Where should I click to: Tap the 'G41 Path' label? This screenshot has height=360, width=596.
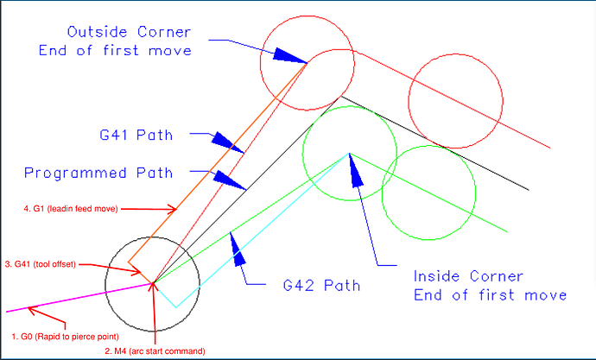(x=136, y=135)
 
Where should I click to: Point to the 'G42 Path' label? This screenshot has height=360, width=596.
(x=321, y=284)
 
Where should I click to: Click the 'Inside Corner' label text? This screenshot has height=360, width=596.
(x=468, y=277)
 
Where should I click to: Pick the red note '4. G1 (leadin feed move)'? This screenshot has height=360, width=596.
(x=71, y=208)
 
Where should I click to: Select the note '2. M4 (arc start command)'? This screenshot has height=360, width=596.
(x=155, y=351)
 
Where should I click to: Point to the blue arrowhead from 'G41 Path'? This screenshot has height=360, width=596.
(x=223, y=141)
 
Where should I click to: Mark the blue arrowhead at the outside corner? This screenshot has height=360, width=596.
(x=289, y=55)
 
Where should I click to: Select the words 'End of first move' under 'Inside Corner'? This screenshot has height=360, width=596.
(x=491, y=295)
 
